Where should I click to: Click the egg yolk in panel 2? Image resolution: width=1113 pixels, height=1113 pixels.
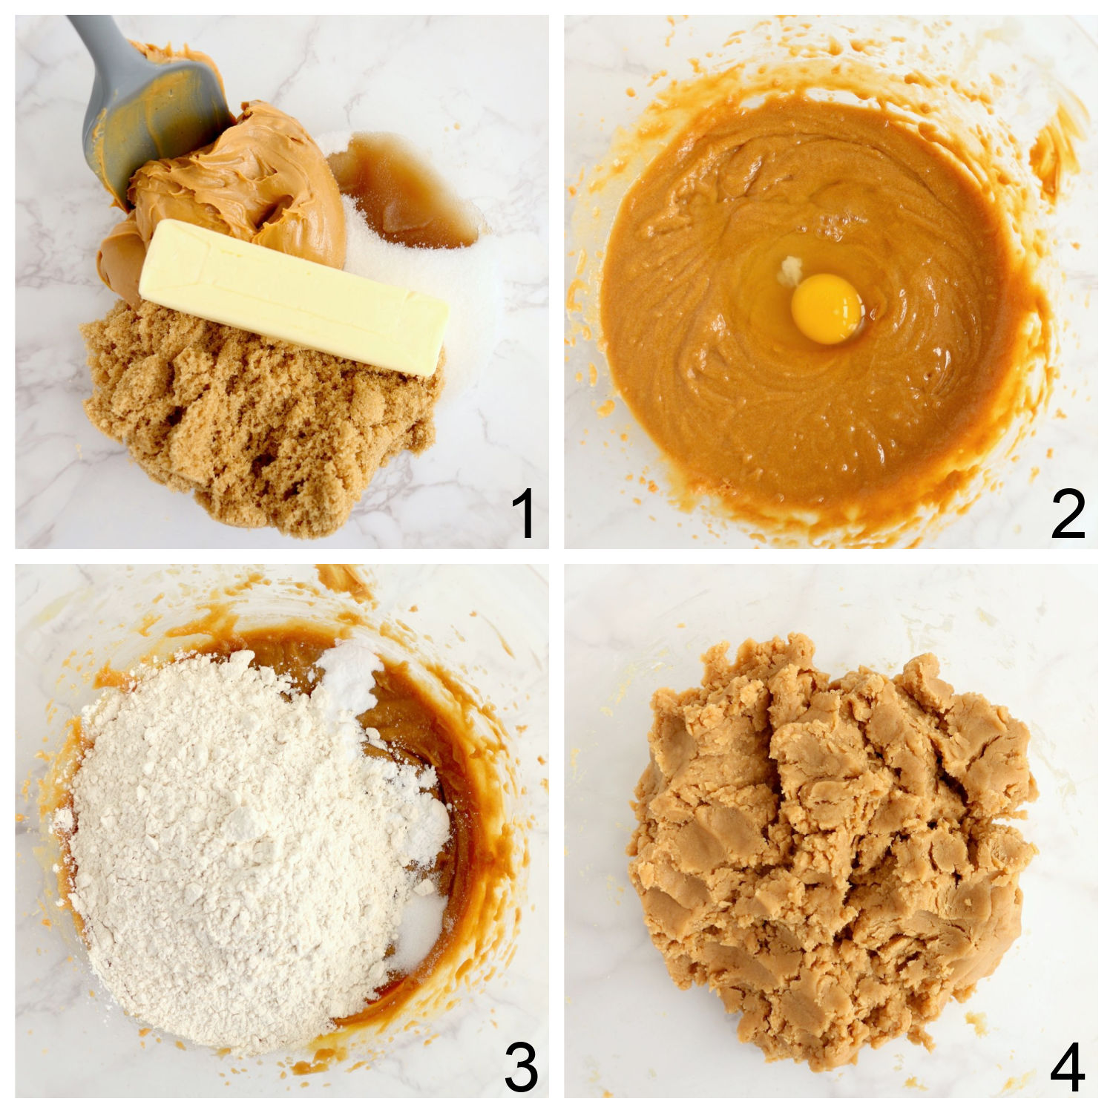(x=826, y=309)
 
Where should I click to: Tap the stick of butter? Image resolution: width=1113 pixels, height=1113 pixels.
(x=294, y=296)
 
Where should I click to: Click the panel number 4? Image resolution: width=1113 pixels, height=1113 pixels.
(x=1068, y=1066)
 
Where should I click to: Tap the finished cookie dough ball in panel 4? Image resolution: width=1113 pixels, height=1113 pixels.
(x=831, y=853)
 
